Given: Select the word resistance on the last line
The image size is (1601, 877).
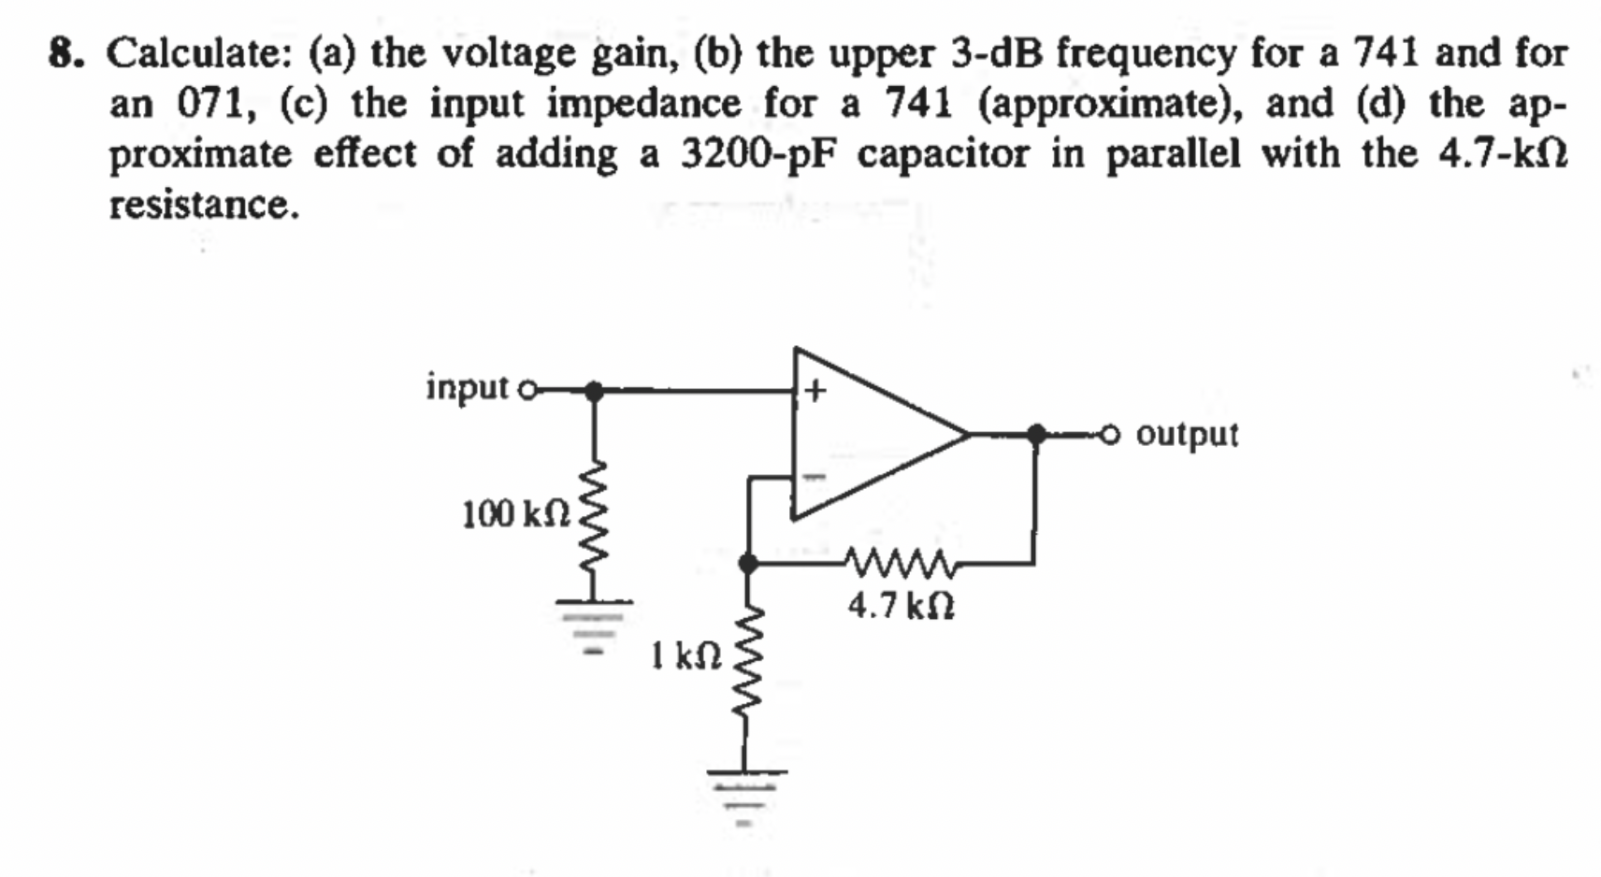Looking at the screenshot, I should pyautogui.click(x=204, y=204).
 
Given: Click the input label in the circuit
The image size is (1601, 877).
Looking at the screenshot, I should pyautogui.click(x=467, y=386).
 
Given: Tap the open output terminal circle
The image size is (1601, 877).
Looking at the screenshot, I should pyautogui.click(x=1110, y=434).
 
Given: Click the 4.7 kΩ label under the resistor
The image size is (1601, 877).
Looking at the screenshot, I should pyautogui.click(x=901, y=607).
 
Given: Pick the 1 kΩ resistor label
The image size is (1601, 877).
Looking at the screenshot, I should pyautogui.click(x=686, y=655).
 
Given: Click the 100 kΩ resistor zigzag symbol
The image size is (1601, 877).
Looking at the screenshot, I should pyautogui.click(x=596, y=514).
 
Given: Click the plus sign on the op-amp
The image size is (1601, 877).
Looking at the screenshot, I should pyautogui.click(x=815, y=391).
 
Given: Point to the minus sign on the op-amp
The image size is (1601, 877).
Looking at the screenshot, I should pyautogui.click(x=815, y=478).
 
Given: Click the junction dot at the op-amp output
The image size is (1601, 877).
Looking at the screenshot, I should pyautogui.click(x=1036, y=433).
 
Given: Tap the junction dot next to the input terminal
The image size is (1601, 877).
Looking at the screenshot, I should pyautogui.click(x=593, y=391).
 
